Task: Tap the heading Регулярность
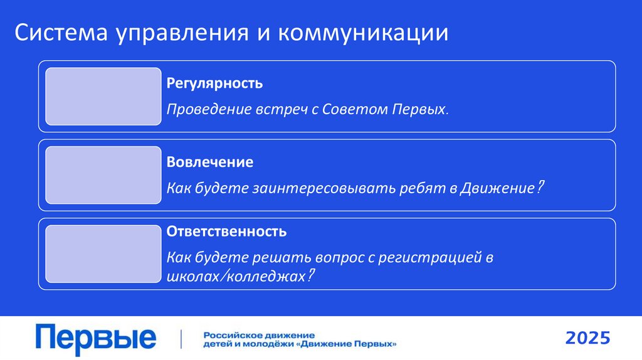(214, 83)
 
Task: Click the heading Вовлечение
(210, 162)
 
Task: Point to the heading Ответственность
(226, 231)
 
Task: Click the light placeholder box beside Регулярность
(103, 96)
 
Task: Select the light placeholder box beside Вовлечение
(103, 175)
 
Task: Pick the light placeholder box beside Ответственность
(103, 253)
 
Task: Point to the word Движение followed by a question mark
(498, 188)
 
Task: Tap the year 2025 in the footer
(587, 339)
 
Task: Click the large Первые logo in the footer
(95, 339)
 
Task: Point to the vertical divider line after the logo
(181, 339)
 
